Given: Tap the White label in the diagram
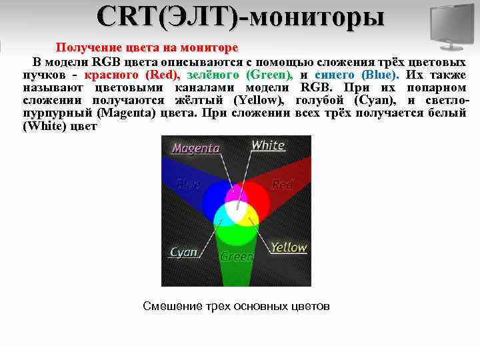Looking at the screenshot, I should (x=268, y=145).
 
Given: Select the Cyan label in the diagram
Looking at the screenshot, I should (x=184, y=252).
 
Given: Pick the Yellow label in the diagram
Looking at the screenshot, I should (x=289, y=247).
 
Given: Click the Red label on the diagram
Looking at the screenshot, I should (x=283, y=185).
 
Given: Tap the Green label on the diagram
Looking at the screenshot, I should (x=237, y=257).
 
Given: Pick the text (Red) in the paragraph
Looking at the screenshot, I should (x=161, y=75).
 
